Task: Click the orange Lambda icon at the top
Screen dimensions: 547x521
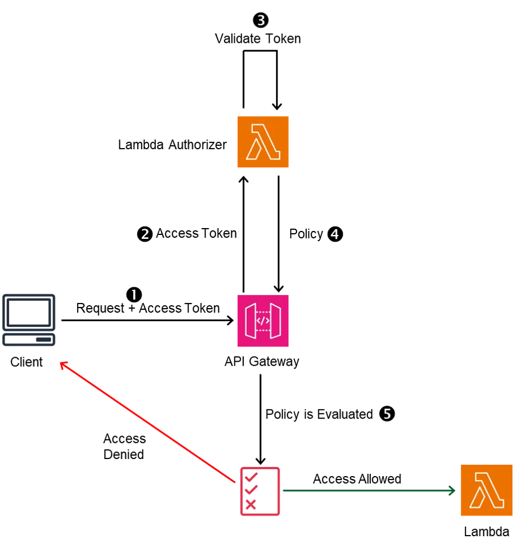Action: [263, 142]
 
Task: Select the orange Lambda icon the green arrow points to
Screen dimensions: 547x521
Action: [486, 490]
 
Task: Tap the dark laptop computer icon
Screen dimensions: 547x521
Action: [29, 320]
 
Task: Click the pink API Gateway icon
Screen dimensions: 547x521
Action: [263, 320]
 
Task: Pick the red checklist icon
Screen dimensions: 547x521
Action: [260, 492]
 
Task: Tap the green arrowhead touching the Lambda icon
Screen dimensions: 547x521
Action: [452, 490]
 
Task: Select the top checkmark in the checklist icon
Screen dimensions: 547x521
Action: [250, 476]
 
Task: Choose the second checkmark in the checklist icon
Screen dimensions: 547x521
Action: [251, 490]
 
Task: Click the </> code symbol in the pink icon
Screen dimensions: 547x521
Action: [263, 321]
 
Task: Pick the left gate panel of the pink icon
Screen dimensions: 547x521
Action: [250, 321]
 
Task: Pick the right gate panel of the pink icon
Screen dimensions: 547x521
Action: [275, 321]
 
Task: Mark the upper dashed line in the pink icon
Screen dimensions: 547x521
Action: [263, 312]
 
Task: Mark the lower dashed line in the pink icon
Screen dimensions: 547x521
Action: [263, 330]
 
